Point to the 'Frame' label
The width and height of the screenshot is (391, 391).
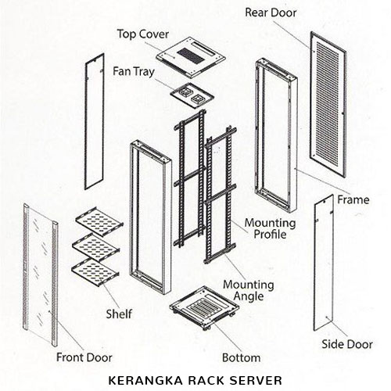(x=353, y=199)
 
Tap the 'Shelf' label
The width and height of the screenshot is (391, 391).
(x=119, y=315)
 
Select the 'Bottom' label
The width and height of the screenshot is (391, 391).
(x=240, y=357)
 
